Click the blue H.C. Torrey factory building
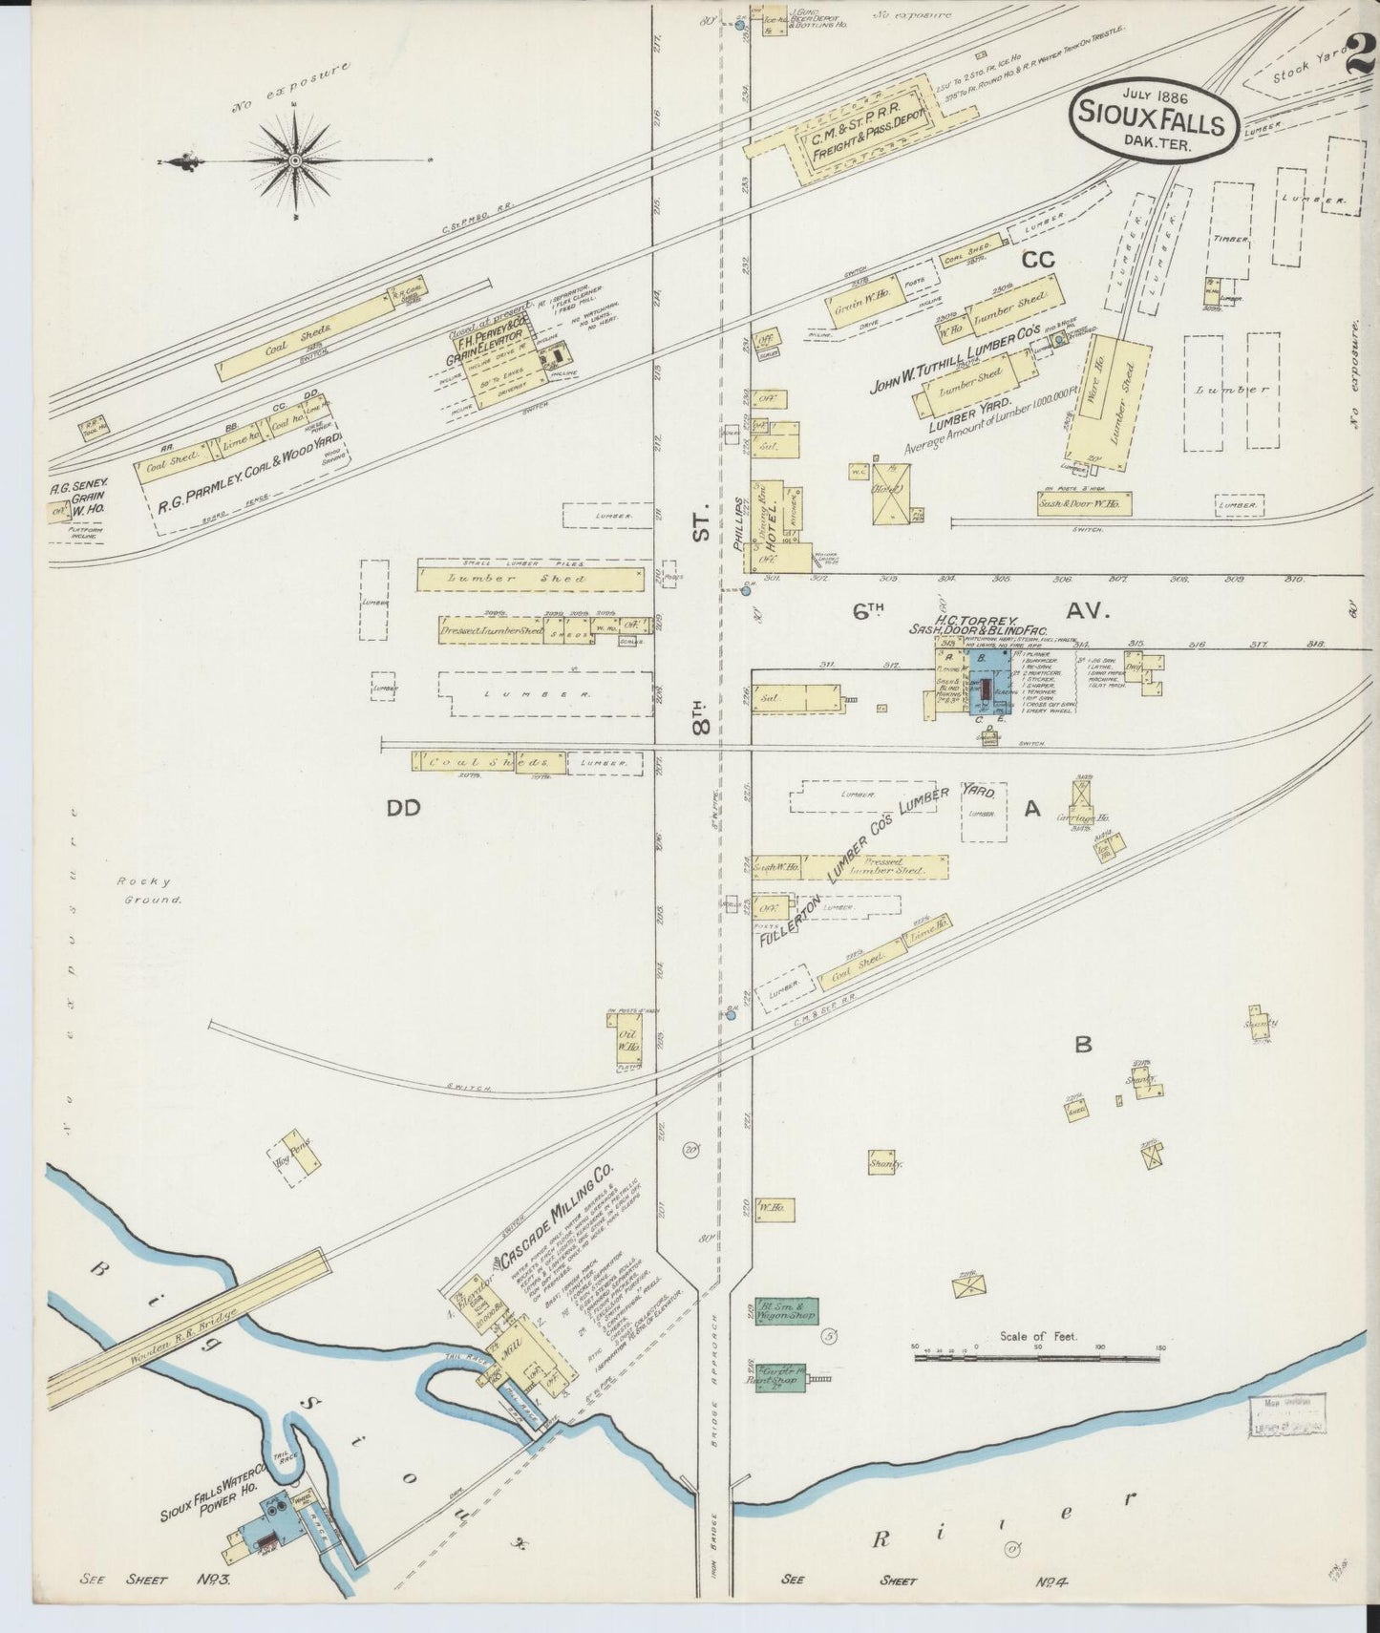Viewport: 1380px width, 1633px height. tap(991, 683)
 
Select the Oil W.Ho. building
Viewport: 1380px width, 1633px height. tap(626, 1041)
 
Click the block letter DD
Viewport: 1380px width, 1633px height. tap(403, 809)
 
